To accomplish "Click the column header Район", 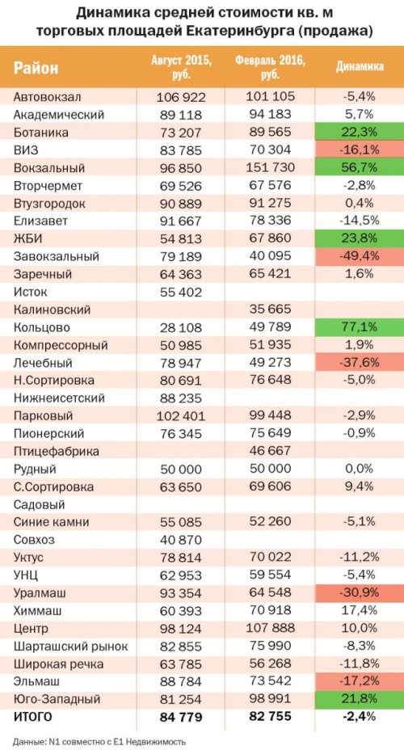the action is click(36, 68).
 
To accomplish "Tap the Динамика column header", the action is click(360, 67).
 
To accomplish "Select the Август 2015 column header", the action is click(181, 67).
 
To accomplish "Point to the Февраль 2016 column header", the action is click(271, 67).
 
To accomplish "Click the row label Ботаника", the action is click(41, 133).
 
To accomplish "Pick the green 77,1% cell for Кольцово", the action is click(360, 327).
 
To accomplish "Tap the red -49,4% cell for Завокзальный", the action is click(360, 256).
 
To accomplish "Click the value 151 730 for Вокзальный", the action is click(269, 168).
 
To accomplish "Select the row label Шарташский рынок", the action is click(71, 647).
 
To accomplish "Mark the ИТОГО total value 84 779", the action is click(181, 718).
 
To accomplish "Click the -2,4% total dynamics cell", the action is click(360, 717).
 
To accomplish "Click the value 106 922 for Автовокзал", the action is click(181, 98).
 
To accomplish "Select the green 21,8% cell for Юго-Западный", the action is click(360, 699).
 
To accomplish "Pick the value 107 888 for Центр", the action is click(269, 629).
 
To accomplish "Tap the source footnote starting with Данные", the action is click(99, 741).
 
